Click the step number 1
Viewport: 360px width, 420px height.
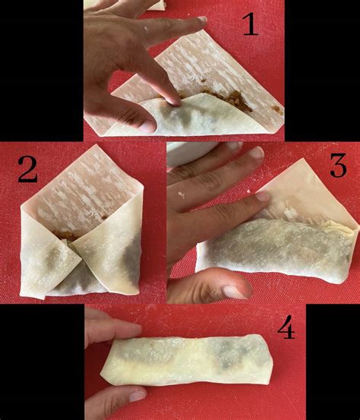(251, 24)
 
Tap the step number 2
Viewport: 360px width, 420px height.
(28, 169)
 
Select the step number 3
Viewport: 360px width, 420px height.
(338, 166)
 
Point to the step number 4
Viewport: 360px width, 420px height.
(286, 327)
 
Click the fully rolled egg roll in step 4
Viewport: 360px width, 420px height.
(187, 360)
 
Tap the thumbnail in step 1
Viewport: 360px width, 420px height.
(147, 126)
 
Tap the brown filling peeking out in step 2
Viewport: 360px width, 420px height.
(64, 235)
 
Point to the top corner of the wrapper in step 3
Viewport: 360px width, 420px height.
(304, 159)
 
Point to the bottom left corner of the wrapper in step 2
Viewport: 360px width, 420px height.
(24, 295)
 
